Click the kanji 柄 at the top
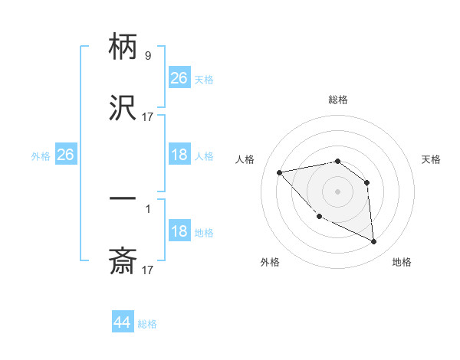pos(123,47)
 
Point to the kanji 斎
pos(123,261)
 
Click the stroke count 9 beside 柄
pos(147,55)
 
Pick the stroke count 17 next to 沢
pos(147,117)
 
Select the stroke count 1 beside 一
pos(147,208)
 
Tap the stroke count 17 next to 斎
pos(147,270)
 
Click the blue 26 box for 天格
pos(179,78)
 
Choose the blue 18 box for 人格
pos(179,155)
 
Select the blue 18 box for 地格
pos(179,232)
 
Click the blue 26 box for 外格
pos(65,155)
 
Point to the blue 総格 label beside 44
pos(148,324)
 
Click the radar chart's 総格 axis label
pos(338,100)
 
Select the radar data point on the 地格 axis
pos(374,241)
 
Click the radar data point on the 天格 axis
pos(367,182)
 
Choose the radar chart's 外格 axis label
pos(270,262)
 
